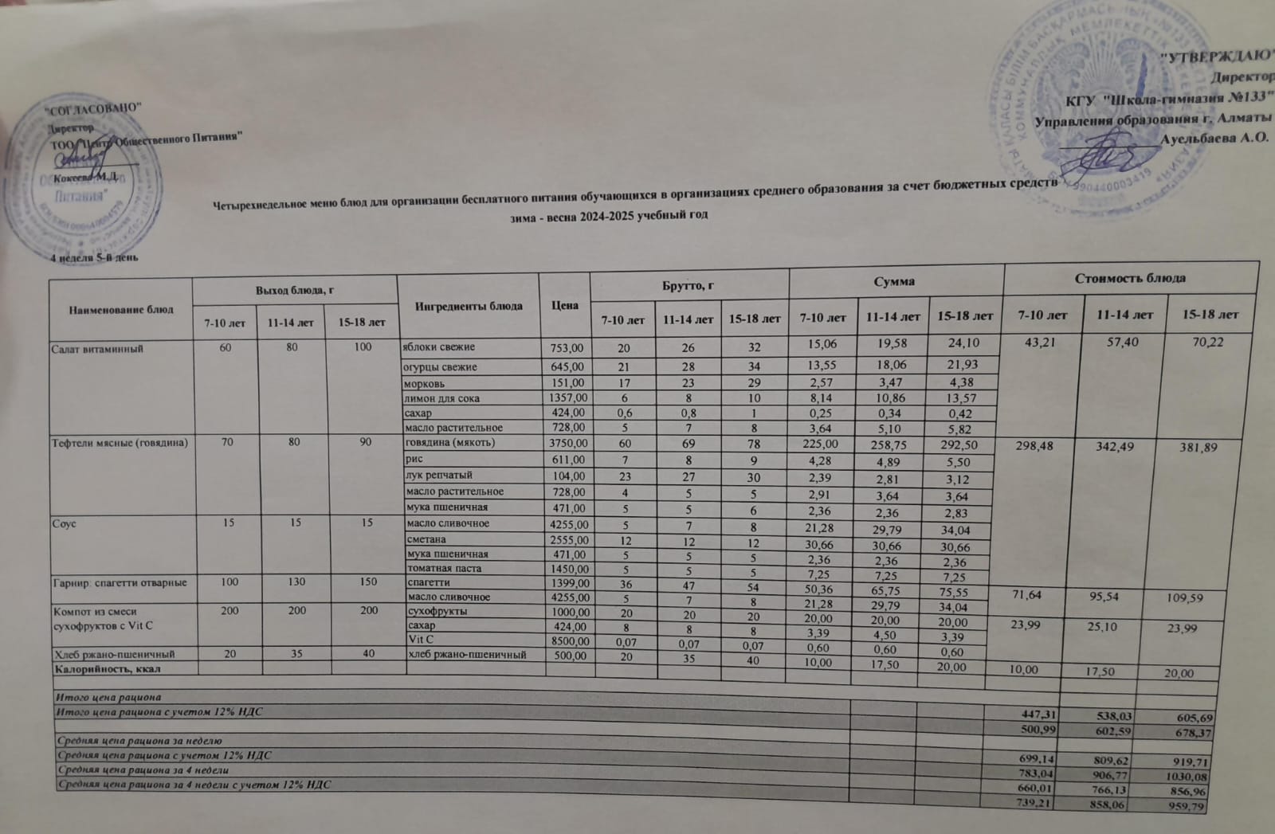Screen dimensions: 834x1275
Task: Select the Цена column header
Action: tap(564, 306)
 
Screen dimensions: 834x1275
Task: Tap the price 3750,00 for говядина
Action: tap(567, 443)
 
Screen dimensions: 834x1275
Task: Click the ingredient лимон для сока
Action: tap(442, 397)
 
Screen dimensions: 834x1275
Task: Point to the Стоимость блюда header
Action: tap(1129, 278)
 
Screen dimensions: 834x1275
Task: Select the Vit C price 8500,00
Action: tap(567, 640)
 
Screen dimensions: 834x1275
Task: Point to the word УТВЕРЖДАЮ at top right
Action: tap(1215, 57)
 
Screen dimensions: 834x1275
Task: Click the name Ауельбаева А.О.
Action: tap(1215, 139)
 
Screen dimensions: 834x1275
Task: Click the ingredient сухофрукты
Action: tap(437, 611)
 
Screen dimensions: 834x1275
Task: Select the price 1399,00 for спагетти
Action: tap(567, 583)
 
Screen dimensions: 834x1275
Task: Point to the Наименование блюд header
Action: tap(120, 309)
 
